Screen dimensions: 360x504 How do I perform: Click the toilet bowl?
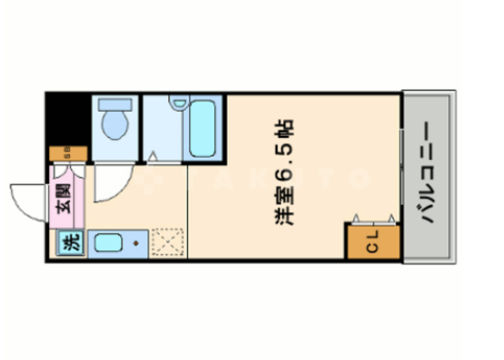coord(115,124)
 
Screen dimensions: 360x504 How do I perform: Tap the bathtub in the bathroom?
coord(204,128)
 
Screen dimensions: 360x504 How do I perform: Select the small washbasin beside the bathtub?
coord(180,102)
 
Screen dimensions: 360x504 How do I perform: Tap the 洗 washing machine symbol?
coord(69,244)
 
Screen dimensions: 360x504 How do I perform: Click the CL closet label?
coord(372,244)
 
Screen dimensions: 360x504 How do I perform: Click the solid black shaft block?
coord(67,118)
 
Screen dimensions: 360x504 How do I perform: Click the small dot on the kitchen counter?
coord(136,243)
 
